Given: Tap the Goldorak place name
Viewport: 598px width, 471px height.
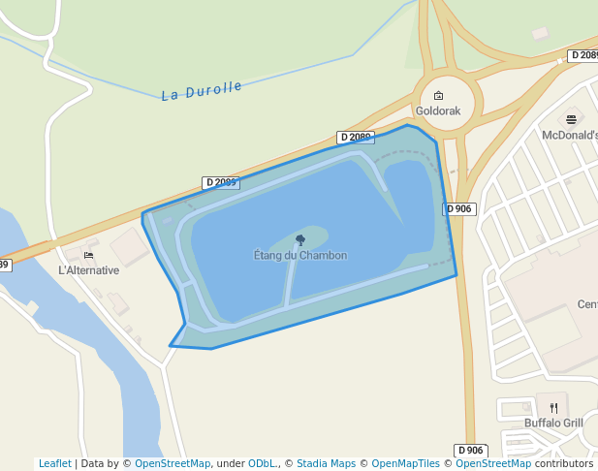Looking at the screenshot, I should click(438, 111).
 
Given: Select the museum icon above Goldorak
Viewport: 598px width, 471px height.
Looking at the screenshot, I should click(438, 96).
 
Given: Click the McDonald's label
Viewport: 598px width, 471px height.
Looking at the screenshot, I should click(570, 136).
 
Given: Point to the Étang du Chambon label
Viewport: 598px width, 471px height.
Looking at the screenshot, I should click(299, 256).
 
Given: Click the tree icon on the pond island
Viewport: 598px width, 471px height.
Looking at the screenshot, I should click(300, 239).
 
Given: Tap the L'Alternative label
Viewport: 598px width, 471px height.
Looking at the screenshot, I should click(89, 270).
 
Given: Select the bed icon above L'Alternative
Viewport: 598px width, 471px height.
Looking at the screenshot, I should click(89, 256).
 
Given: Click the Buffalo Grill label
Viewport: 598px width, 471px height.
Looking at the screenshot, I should click(553, 424).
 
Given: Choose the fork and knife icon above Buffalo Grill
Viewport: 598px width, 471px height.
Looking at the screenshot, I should click(553, 408).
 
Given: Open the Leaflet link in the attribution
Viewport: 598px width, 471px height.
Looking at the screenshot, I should click(55, 464).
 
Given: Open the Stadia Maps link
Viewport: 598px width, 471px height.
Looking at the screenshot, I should click(326, 464).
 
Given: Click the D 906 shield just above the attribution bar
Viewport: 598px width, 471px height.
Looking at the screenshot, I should click(471, 451).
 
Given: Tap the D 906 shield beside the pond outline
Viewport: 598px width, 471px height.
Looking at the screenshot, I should click(459, 209).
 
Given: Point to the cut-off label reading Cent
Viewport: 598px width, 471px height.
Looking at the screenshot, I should click(587, 304).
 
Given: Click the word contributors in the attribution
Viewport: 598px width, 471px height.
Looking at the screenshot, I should click(564, 464).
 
